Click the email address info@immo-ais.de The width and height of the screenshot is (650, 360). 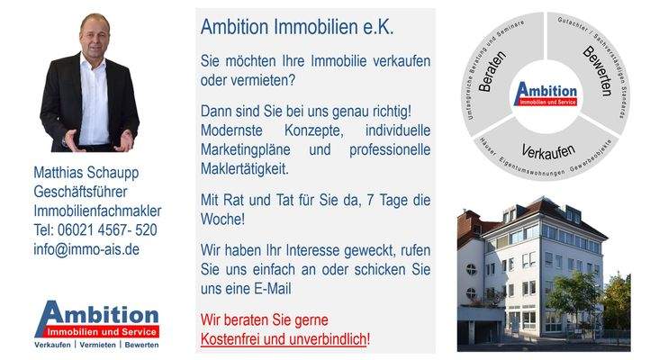click(86, 248)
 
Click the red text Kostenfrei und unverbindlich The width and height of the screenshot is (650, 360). click(284, 339)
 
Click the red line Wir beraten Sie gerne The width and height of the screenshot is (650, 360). click(265, 320)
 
